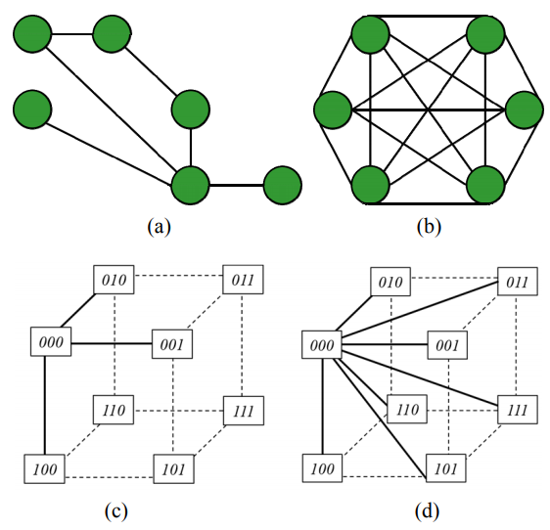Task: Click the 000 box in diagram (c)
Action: [51, 342]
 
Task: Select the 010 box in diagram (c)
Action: [114, 280]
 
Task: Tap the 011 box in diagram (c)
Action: [243, 280]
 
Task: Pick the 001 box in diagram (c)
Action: [172, 344]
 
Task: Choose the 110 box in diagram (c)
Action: [114, 410]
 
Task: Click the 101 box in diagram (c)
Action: [173, 469]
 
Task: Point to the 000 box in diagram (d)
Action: [322, 344]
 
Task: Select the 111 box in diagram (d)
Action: [518, 410]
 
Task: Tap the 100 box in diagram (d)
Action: [322, 468]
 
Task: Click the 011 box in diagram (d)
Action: [518, 282]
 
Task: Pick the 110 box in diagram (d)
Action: [407, 409]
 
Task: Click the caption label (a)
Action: [159, 227]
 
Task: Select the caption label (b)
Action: [429, 227]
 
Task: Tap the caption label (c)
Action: [115, 511]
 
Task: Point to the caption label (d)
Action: [427, 511]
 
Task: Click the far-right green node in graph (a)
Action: [283, 185]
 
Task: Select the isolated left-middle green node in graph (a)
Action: [32, 110]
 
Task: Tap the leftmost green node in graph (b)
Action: [333, 110]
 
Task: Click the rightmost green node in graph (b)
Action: [525, 110]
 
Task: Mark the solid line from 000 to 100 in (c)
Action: [45, 405]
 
